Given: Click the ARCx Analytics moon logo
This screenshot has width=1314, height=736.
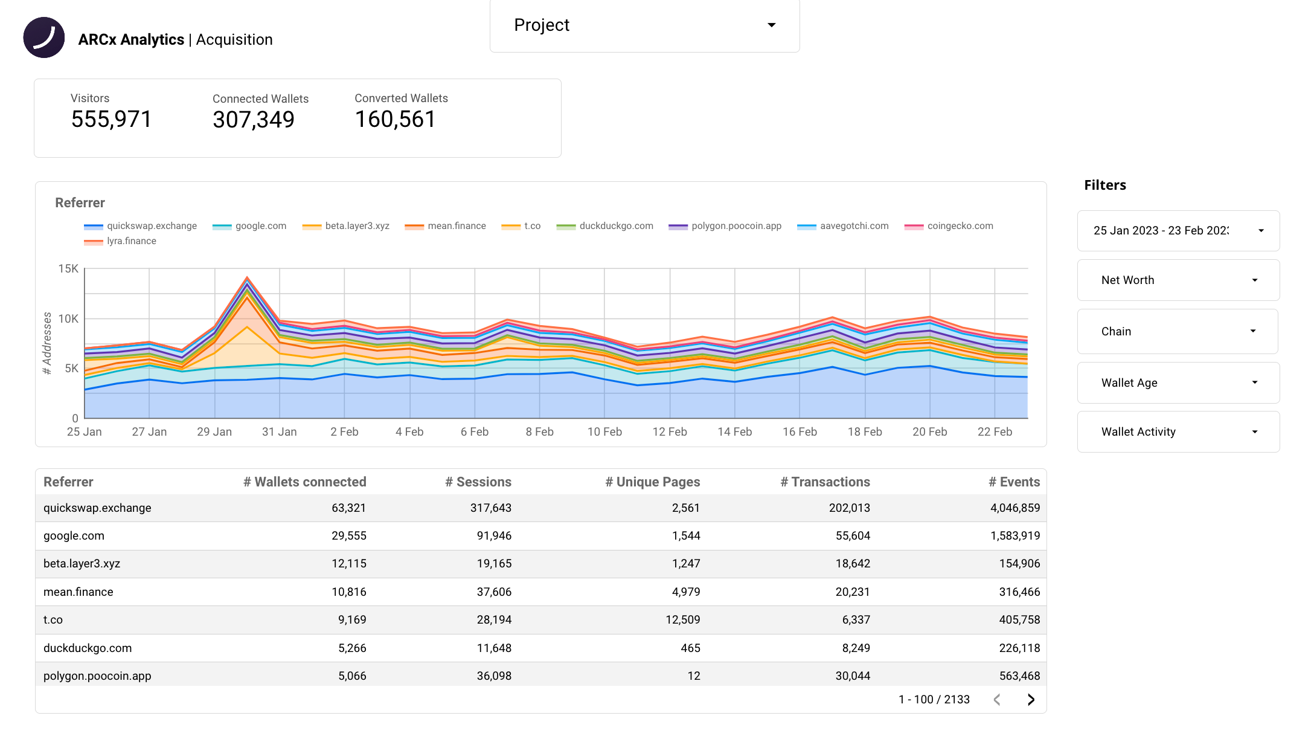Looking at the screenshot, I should point(44,37).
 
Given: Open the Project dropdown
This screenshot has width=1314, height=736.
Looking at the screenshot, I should point(644,25).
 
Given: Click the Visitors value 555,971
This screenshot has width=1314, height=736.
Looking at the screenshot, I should point(111,119).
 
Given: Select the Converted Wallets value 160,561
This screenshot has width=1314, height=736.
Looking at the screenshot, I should point(395,119).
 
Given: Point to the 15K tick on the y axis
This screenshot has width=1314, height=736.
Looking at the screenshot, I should point(68,268).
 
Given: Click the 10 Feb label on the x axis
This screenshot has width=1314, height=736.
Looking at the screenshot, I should point(604,432).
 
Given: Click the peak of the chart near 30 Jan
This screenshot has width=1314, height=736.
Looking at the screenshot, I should point(247,277).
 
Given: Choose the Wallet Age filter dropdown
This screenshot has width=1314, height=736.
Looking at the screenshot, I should point(1178,383).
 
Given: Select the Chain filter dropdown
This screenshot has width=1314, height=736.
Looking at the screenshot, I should point(1178,331).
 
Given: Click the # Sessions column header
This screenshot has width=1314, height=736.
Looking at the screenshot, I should point(478,482).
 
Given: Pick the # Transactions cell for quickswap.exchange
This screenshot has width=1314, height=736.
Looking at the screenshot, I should point(849,508).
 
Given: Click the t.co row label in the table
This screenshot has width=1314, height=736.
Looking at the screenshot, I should point(53,620).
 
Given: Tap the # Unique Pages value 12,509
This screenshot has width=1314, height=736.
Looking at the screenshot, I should point(682,620).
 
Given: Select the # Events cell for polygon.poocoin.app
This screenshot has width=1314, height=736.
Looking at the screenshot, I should point(1019,676).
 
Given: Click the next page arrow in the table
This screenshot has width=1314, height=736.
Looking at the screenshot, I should point(1031,700).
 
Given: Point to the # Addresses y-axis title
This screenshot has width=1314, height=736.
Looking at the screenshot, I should point(47,343).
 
